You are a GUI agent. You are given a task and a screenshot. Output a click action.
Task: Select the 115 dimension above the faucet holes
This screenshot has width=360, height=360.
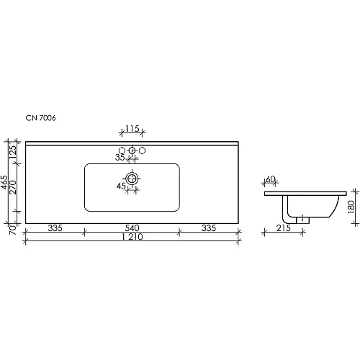pos(132,128)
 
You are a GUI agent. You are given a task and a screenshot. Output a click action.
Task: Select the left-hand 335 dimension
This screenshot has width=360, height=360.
pos(55,228)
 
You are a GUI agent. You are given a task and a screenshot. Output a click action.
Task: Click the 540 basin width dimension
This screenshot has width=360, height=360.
pos(132,228)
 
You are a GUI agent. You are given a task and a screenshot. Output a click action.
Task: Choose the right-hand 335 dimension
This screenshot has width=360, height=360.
pos(209,228)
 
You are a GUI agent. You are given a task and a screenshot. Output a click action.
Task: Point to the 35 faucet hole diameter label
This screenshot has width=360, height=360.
pos(120,157)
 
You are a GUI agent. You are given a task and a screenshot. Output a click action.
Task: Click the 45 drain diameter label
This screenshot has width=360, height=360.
pos(121,186)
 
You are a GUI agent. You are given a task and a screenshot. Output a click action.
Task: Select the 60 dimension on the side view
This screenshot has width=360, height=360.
pos(271,179)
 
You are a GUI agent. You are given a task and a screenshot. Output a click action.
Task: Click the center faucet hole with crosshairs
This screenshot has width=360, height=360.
pos(132,150)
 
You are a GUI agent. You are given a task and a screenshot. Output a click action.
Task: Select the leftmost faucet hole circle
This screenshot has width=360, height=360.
pos(122,150)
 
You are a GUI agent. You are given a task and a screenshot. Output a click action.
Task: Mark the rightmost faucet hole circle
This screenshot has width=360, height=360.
pos(142,150)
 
